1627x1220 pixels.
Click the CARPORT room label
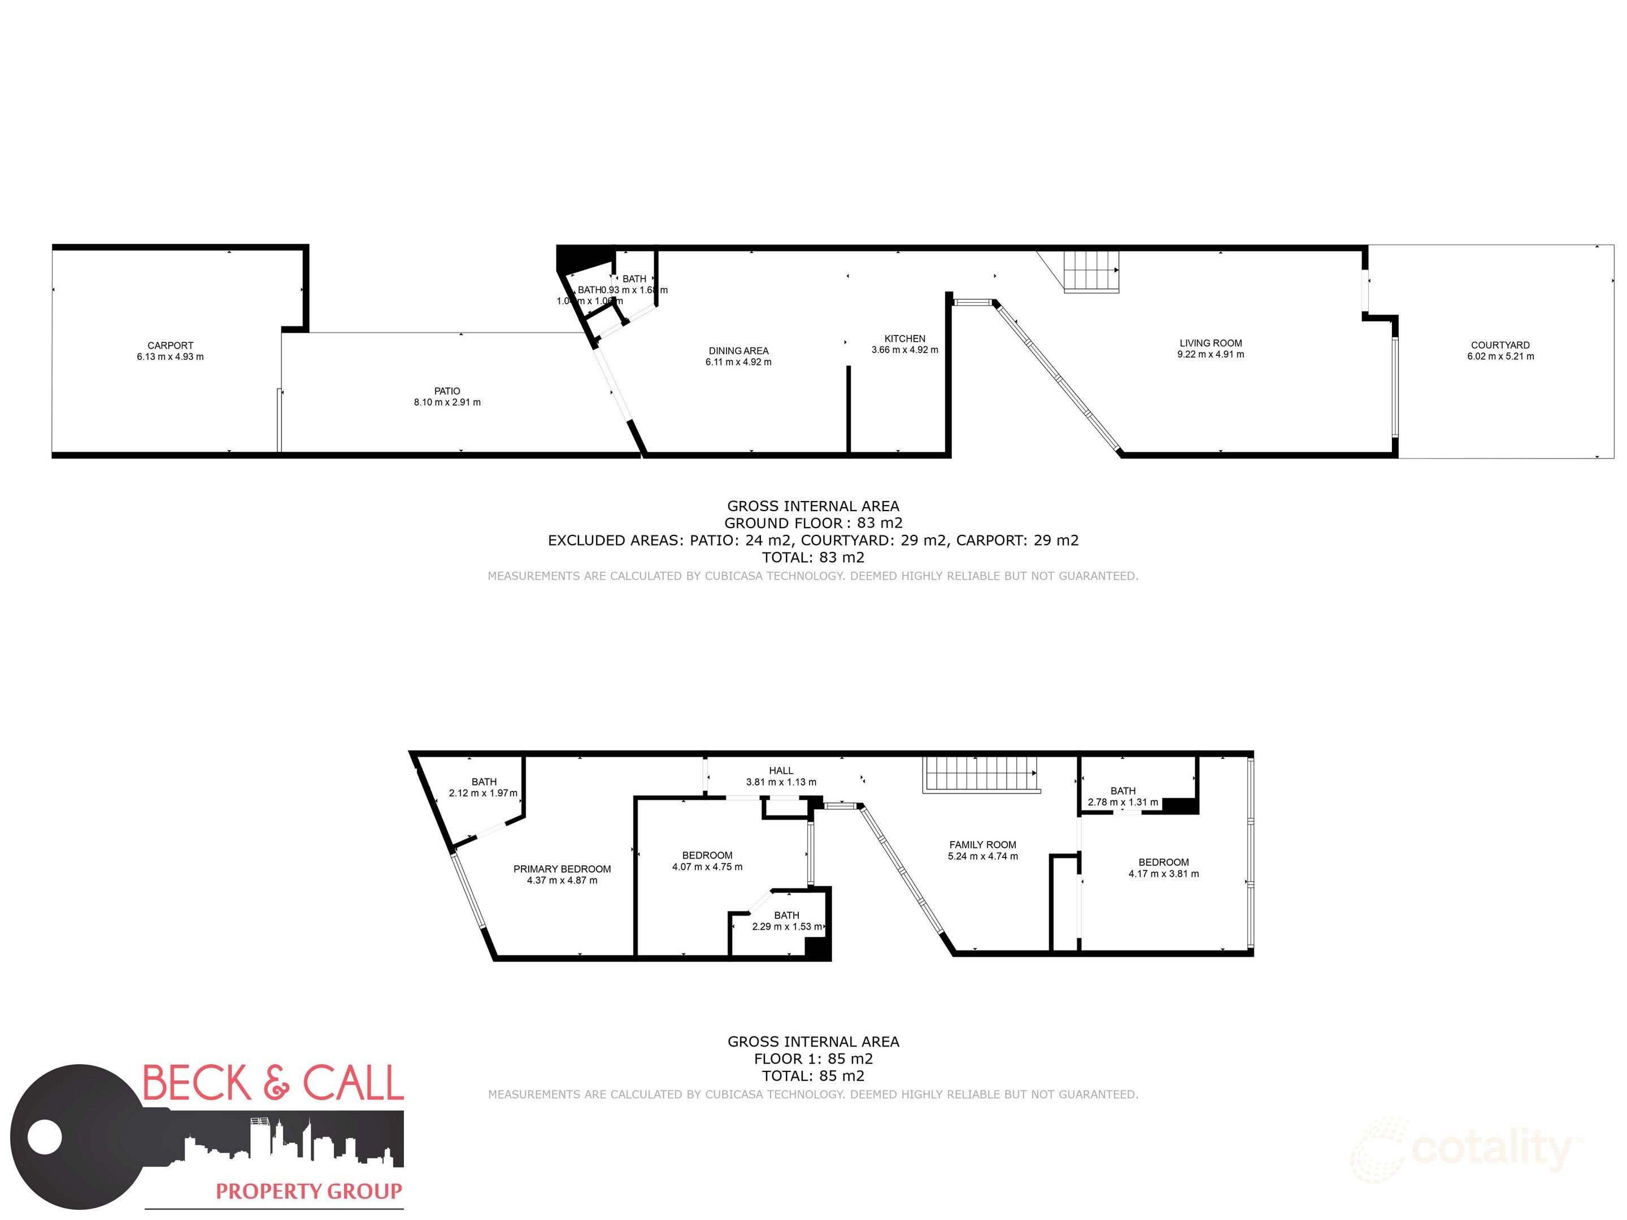pyautogui.click(x=170, y=346)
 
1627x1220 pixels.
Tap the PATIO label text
pyautogui.click(x=447, y=391)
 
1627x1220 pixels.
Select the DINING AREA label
pyautogui.click(x=738, y=351)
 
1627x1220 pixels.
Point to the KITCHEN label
pyautogui.click(x=904, y=339)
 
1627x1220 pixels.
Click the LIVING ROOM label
pyautogui.click(x=1211, y=343)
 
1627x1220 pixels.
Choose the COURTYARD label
pyautogui.click(x=1500, y=345)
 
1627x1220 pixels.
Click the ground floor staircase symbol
pyautogui.click(x=1091, y=271)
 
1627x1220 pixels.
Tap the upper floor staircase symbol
pyautogui.click(x=981, y=774)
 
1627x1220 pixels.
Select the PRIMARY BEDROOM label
pyautogui.click(x=562, y=869)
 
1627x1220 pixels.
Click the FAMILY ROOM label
pyautogui.click(x=982, y=845)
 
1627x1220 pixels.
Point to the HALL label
pyautogui.click(x=781, y=770)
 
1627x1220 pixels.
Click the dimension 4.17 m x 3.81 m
pyautogui.click(x=1164, y=874)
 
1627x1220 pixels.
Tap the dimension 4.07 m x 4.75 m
pyautogui.click(x=707, y=867)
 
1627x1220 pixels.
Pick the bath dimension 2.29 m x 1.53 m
pyautogui.click(x=786, y=927)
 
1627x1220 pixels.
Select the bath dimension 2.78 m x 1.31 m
pyautogui.click(x=1123, y=802)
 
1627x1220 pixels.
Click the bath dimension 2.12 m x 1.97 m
pyautogui.click(x=483, y=794)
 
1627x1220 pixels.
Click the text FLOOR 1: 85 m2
pyautogui.click(x=813, y=1059)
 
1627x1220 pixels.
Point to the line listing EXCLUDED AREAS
pyautogui.click(x=813, y=541)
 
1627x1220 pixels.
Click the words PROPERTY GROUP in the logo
pyautogui.click(x=309, y=1191)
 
